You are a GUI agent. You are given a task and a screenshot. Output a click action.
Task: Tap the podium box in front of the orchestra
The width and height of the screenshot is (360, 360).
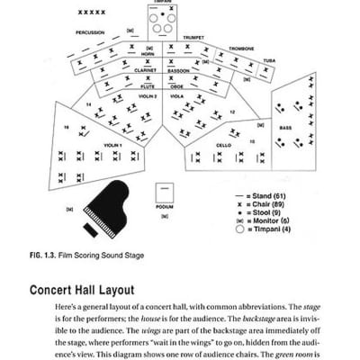tap(163, 193)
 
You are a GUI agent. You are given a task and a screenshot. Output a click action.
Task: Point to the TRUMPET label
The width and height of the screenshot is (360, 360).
tap(194, 38)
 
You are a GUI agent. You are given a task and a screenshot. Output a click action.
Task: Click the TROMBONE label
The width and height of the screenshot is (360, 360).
tap(241, 49)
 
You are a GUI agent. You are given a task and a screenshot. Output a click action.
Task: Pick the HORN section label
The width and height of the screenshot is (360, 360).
tap(148, 54)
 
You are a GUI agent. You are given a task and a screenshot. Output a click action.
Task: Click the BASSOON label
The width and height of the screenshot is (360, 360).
tap(180, 69)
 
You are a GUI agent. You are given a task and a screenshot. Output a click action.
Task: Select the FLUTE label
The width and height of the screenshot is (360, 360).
tap(147, 86)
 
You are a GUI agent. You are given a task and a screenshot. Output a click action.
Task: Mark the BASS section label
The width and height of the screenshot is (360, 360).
tap(284, 128)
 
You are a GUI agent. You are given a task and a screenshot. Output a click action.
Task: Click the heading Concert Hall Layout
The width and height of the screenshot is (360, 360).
tap(82, 290)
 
